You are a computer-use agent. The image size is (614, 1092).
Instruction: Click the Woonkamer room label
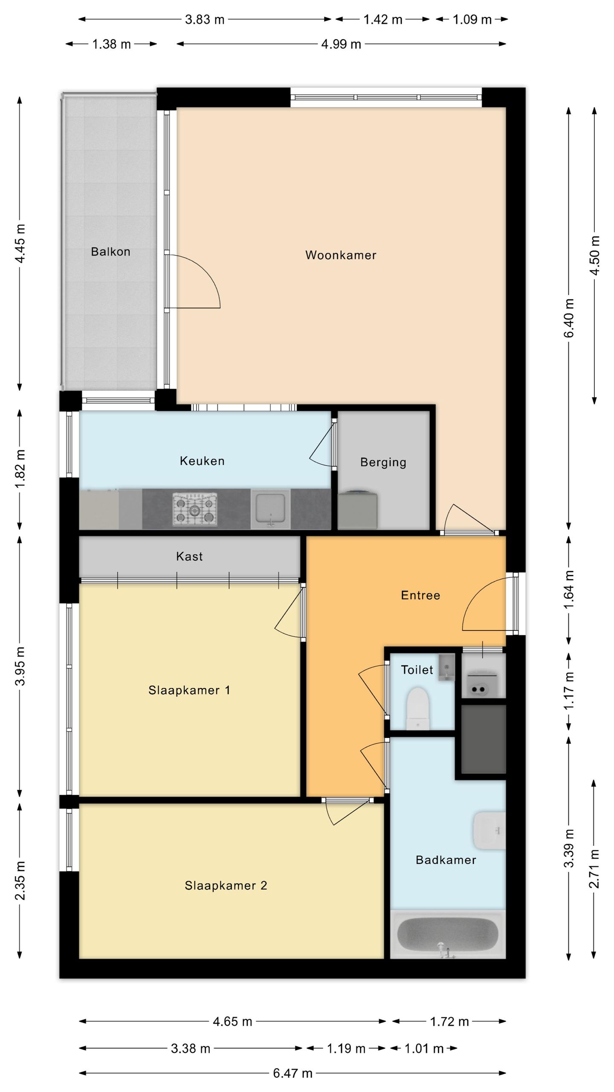341,255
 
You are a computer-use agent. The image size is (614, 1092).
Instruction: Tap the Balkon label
110,251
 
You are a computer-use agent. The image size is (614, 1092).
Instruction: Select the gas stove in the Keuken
195,509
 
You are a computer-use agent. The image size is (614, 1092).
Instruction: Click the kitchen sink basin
270,508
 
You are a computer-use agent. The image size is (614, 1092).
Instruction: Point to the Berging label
383,462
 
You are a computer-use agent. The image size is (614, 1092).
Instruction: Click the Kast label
189,556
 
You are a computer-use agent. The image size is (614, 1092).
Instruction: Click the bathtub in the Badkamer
448,935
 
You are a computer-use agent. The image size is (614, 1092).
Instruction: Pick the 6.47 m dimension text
293,1073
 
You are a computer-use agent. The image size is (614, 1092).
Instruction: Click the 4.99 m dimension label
341,44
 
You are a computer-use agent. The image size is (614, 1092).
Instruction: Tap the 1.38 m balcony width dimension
112,44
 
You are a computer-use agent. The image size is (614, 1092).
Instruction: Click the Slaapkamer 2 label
226,886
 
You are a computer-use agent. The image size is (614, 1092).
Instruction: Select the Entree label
420,595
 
